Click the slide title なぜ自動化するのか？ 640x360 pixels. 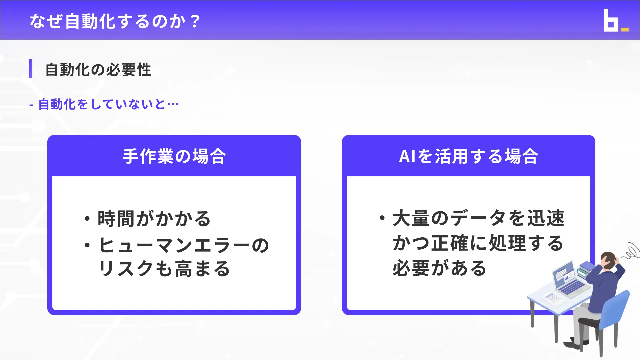click(115, 21)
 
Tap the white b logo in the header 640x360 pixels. click(611, 21)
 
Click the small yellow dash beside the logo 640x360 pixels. click(625, 30)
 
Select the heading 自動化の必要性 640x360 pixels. click(98, 70)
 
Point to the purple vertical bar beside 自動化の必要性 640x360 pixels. click(31, 69)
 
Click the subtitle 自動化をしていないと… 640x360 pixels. click(108, 104)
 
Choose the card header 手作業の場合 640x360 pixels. click(174, 156)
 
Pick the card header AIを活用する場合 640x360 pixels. click(468, 156)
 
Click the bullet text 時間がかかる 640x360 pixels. click(154, 219)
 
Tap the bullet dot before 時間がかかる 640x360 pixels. click(87, 219)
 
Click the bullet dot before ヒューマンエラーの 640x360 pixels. click(87, 245)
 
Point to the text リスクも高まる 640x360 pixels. click(164, 269)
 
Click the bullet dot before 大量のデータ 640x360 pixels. click(382, 218)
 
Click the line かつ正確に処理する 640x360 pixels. click(478, 243)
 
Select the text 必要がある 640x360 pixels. click(439, 268)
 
